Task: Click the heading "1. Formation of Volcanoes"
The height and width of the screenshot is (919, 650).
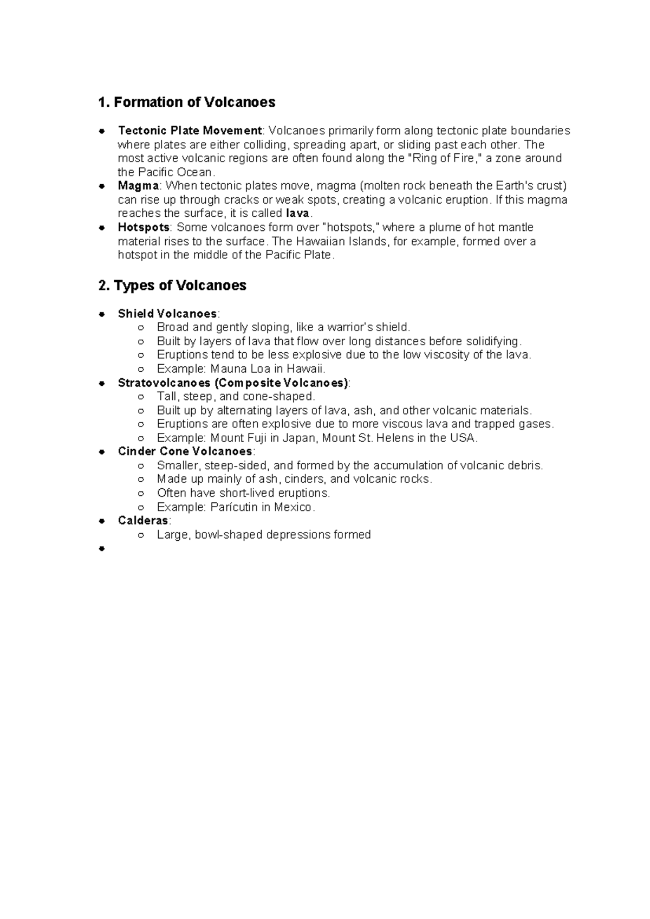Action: [x=187, y=102]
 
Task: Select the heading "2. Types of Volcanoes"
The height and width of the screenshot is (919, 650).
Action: [x=172, y=286]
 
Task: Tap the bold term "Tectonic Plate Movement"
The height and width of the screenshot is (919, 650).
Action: [x=190, y=131]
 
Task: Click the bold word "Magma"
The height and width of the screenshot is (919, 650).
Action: [x=138, y=186]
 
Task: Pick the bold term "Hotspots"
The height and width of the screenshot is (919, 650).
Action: [x=144, y=227]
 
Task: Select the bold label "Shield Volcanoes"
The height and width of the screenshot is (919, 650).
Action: [x=167, y=314]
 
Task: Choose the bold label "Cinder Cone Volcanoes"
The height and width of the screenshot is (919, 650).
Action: [x=185, y=451]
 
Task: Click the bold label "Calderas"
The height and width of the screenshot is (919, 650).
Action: [x=143, y=521]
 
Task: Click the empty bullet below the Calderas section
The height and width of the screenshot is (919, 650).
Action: [x=101, y=549]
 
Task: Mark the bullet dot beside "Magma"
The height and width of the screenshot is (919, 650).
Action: [x=101, y=186]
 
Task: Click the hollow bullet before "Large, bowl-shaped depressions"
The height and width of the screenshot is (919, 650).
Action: [x=141, y=535]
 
